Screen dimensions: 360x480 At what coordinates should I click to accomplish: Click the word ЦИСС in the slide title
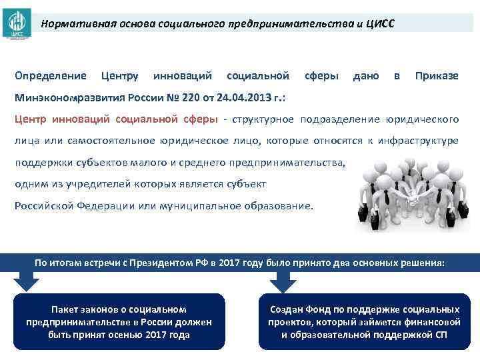(x=381, y=23)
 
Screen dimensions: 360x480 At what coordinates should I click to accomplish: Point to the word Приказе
(x=437, y=75)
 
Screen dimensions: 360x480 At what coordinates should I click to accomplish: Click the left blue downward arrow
(x=26, y=283)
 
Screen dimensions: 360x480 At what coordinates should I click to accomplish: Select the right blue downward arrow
(x=282, y=283)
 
